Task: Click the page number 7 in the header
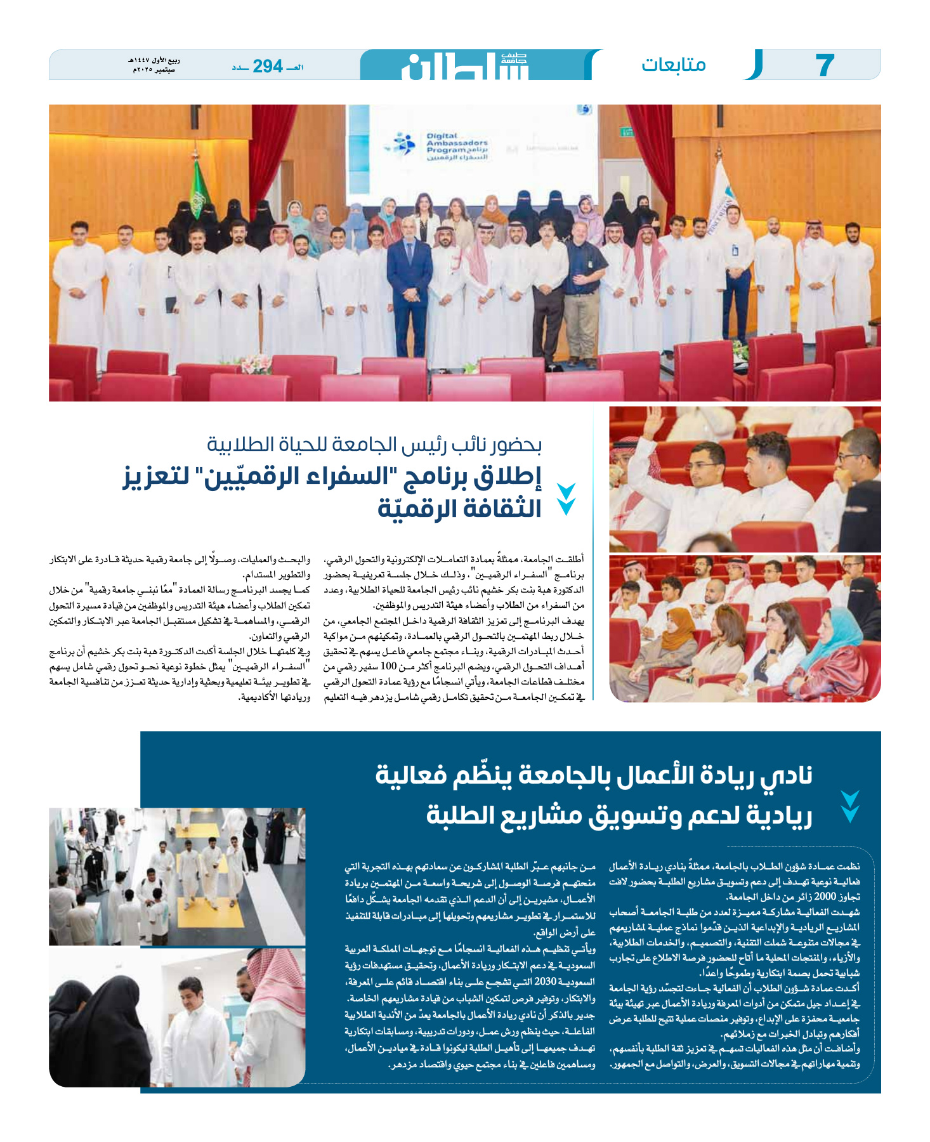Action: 824,65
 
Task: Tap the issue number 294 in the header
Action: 268,66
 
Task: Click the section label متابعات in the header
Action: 673,65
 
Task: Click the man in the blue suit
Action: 409,285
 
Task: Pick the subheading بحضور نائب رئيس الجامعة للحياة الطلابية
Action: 374,445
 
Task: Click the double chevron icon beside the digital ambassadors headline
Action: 565,499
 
